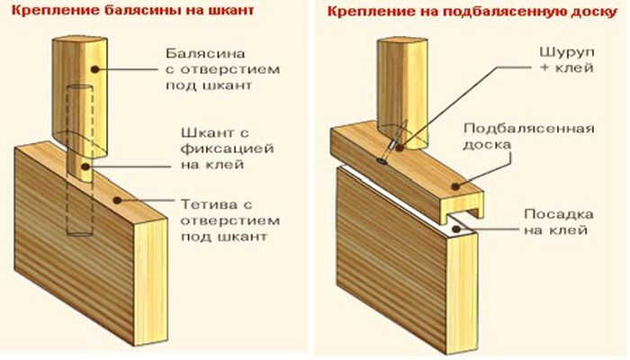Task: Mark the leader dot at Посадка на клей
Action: (463, 229)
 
